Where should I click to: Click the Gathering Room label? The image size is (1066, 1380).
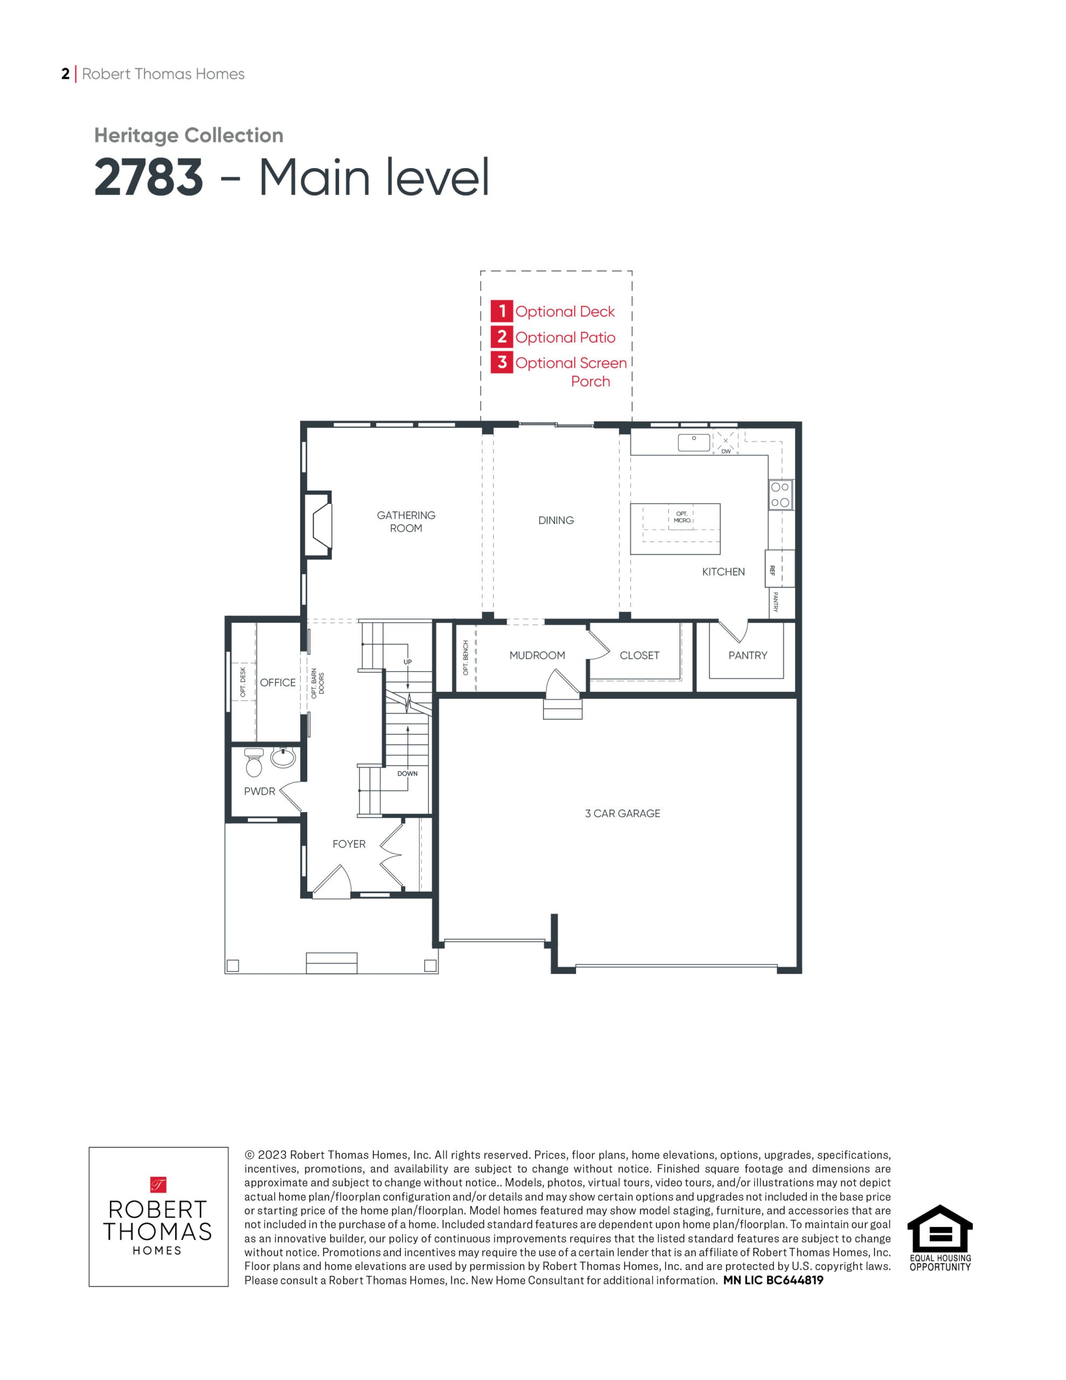(x=406, y=521)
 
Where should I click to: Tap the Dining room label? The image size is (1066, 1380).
(x=556, y=520)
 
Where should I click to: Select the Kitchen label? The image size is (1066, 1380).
(x=723, y=571)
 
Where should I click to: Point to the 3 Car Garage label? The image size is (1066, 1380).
(x=622, y=813)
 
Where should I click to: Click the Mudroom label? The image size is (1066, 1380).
(x=537, y=655)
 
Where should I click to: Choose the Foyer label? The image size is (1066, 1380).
(x=349, y=844)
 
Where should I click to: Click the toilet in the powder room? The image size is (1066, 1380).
(x=253, y=762)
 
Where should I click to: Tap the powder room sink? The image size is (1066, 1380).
(x=282, y=757)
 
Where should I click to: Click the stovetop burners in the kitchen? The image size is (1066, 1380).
(x=780, y=495)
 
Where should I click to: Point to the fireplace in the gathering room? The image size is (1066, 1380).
(x=319, y=525)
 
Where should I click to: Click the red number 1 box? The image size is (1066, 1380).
(x=502, y=311)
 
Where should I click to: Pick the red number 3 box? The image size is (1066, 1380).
(x=502, y=362)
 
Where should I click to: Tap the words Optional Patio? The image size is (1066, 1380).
(x=565, y=337)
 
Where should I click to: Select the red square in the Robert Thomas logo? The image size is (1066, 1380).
(x=158, y=1184)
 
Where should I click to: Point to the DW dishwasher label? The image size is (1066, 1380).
(x=726, y=451)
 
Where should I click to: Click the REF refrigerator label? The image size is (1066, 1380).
(x=772, y=570)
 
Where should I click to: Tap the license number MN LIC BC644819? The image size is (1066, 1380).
(x=773, y=1280)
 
